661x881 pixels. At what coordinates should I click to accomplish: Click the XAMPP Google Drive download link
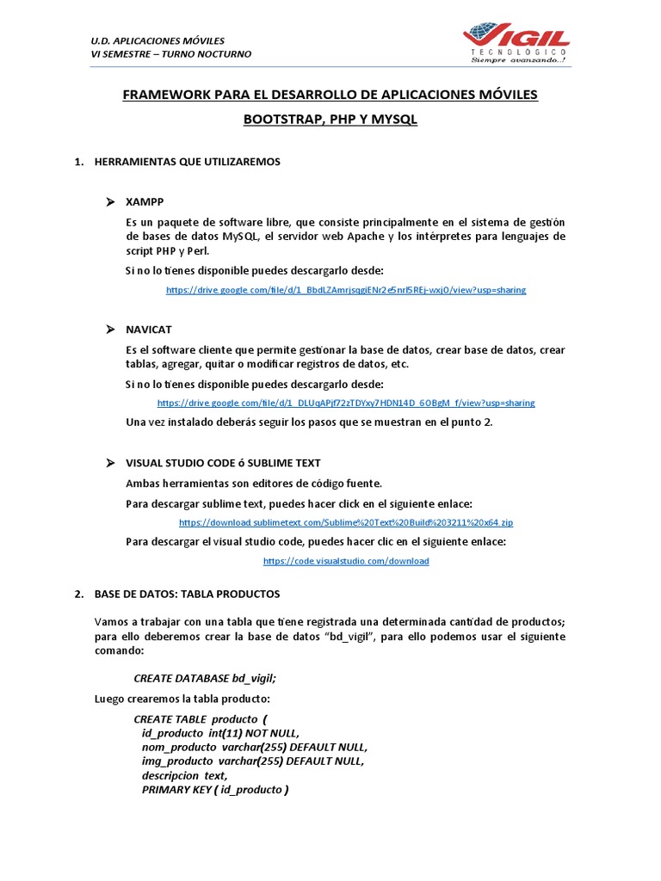tap(345, 290)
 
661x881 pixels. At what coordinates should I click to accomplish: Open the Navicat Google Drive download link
tap(345, 403)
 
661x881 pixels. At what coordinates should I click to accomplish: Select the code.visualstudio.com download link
tap(345, 561)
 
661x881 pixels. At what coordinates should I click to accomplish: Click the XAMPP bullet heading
tap(145, 201)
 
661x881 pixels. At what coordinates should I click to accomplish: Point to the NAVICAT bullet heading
tap(149, 330)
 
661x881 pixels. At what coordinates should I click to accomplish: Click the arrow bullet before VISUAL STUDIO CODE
tap(110, 463)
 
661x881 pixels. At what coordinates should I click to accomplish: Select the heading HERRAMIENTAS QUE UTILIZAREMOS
tap(187, 162)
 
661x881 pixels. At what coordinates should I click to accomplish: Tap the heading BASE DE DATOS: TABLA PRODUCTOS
tap(187, 595)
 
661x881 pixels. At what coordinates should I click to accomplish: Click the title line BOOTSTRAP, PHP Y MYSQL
tap(330, 120)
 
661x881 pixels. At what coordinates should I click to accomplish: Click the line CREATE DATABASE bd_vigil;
tap(205, 678)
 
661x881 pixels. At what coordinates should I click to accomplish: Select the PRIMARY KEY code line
tap(215, 789)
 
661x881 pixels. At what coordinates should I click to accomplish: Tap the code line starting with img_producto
tap(253, 761)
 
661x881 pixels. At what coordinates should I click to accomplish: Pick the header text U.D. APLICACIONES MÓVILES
tap(158, 40)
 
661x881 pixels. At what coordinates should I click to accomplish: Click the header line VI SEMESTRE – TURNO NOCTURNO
tap(171, 54)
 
